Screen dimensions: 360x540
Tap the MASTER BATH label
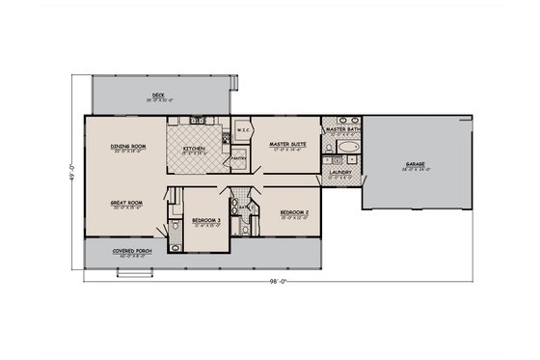(x=342, y=128)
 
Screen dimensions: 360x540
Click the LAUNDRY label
(x=340, y=173)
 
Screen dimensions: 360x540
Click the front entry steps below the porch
(x=130, y=271)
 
